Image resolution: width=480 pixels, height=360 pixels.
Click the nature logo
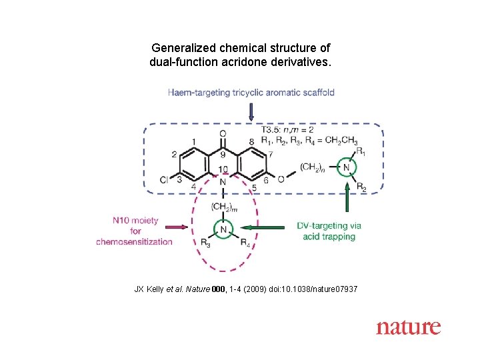point(408,327)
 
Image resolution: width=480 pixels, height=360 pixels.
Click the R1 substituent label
point(361,152)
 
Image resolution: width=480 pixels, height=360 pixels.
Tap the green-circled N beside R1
point(346,167)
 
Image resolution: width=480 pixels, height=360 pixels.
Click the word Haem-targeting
point(199,92)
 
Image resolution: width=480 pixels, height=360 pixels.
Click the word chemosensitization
point(134,241)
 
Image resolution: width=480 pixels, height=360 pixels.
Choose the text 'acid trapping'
point(329,237)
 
